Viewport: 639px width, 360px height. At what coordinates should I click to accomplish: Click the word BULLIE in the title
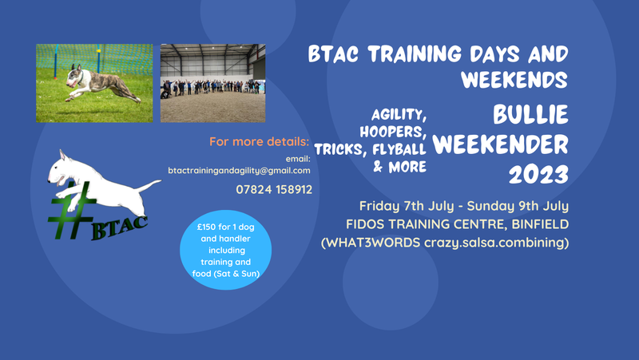(x=530, y=116)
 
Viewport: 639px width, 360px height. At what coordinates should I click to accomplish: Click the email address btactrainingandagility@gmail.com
(x=239, y=171)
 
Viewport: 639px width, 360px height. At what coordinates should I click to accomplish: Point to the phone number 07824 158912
(x=273, y=189)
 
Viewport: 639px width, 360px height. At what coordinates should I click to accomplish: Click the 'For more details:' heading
(x=259, y=142)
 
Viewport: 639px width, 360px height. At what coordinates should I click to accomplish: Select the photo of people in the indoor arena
(x=212, y=83)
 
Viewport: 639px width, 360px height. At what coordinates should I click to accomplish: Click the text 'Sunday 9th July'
(x=522, y=205)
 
